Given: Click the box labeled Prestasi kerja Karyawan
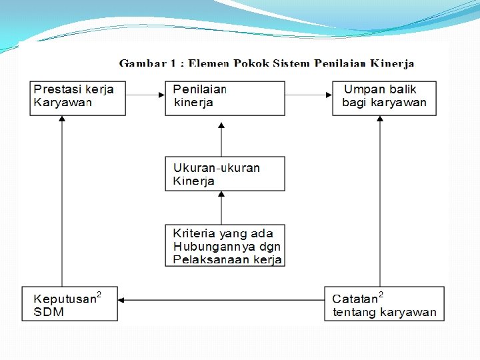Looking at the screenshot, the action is click(x=77, y=98).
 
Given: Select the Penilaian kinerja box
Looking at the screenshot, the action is click(x=225, y=98).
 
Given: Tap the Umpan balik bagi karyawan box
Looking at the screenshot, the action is click(x=384, y=98).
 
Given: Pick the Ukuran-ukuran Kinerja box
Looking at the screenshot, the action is click(x=225, y=174).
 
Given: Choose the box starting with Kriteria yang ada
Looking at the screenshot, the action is click(x=225, y=245).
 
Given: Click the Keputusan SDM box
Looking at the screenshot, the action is click(x=69, y=304).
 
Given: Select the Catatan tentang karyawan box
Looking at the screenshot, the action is click(x=384, y=304).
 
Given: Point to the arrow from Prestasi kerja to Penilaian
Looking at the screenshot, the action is click(x=145, y=95).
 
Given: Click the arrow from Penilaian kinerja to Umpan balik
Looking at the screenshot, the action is click(x=309, y=95).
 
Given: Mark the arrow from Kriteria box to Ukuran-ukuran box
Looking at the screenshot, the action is click(x=221, y=207).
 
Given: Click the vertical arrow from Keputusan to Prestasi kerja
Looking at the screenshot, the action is click(x=62, y=200).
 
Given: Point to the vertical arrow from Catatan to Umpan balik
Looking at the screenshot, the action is click(x=380, y=200).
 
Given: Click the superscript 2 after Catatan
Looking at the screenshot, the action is click(x=381, y=295).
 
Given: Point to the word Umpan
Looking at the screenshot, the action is click(x=364, y=89).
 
